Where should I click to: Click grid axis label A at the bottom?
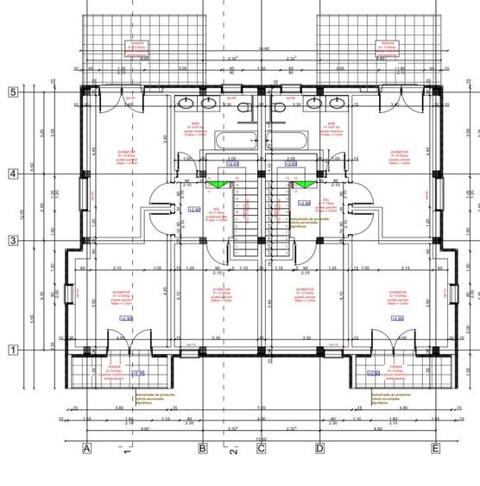pos(86,449)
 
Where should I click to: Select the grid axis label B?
pos(202,449)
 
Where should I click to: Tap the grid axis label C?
pos(262,449)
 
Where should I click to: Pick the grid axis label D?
pos(319,449)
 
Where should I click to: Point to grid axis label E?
pos(436,449)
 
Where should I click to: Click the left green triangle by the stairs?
pos(217,184)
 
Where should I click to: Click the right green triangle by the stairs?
pos(305,184)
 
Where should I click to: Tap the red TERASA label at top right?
pos(385,45)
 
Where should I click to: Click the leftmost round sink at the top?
pos(187,104)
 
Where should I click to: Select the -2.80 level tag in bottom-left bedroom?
pos(127,319)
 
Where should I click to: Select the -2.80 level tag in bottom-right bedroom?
pos(397,319)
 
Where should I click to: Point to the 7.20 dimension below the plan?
pos(261,407)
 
